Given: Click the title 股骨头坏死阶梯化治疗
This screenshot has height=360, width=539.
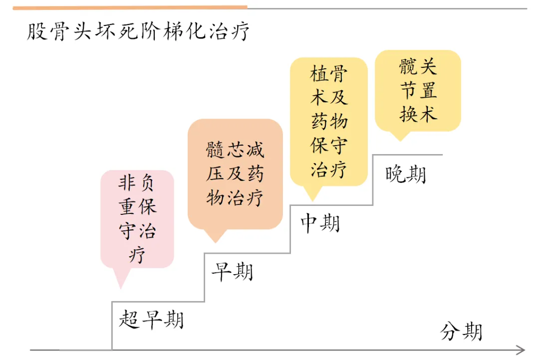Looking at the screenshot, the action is click(x=138, y=31).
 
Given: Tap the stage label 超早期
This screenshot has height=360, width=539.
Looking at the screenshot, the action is click(x=151, y=320).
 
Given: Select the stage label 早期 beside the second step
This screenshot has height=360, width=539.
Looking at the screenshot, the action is click(x=233, y=272).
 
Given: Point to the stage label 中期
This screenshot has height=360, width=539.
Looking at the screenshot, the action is click(x=320, y=223).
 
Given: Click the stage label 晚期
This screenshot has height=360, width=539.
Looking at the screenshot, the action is click(x=406, y=174).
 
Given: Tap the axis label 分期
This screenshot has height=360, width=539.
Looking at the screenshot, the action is click(x=461, y=332).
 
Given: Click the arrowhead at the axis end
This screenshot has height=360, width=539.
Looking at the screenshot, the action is click(x=521, y=350).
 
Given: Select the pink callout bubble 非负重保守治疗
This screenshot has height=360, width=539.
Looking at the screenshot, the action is click(x=137, y=219).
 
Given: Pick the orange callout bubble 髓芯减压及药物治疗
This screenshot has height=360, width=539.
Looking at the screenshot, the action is click(x=235, y=174).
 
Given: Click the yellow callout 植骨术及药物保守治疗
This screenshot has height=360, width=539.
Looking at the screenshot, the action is click(x=329, y=122).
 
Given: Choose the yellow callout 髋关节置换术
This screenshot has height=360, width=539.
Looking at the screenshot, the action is click(x=418, y=90).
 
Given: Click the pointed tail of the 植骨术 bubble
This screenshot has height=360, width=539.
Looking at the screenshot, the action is click(x=313, y=200).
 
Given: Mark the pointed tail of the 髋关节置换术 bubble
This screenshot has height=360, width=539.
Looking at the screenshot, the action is click(x=400, y=140).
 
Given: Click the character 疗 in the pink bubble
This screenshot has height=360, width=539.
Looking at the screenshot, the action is click(x=137, y=254).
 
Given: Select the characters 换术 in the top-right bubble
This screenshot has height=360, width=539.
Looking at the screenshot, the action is click(x=418, y=114).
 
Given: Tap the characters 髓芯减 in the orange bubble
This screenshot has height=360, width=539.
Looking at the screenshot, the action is click(x=235, y=150).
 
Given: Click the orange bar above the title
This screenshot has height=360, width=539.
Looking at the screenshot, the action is click(x=130, y=7).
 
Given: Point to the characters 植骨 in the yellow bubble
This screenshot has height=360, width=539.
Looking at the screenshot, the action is click(x=328, y=73).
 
